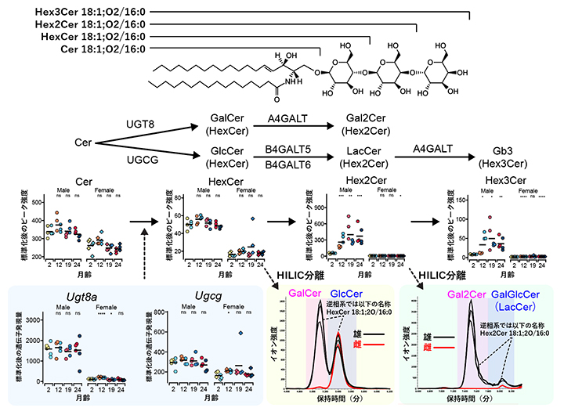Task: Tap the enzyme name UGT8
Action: pyautogui.click(x=140, y=124)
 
